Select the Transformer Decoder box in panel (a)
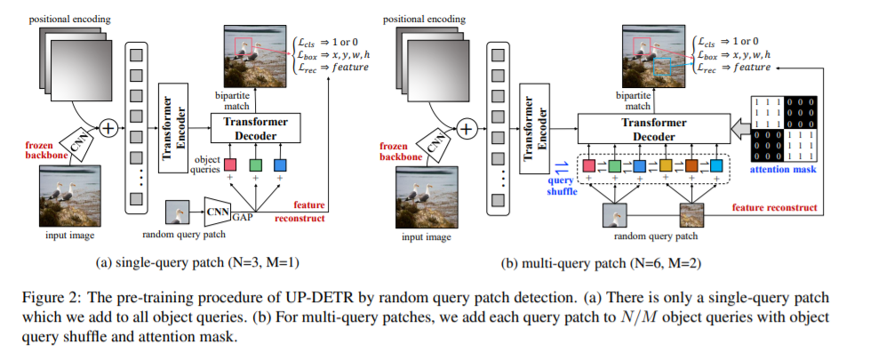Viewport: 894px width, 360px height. [x=255, y=127]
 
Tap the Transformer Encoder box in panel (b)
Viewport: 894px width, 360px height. [x=531, y=126]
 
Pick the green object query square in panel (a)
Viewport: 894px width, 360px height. [x=255, y=165]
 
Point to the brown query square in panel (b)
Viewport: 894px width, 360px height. [x=692, y=165]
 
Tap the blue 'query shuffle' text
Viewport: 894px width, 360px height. [x=560, y=182]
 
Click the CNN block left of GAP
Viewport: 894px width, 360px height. [x=218, y=210]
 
